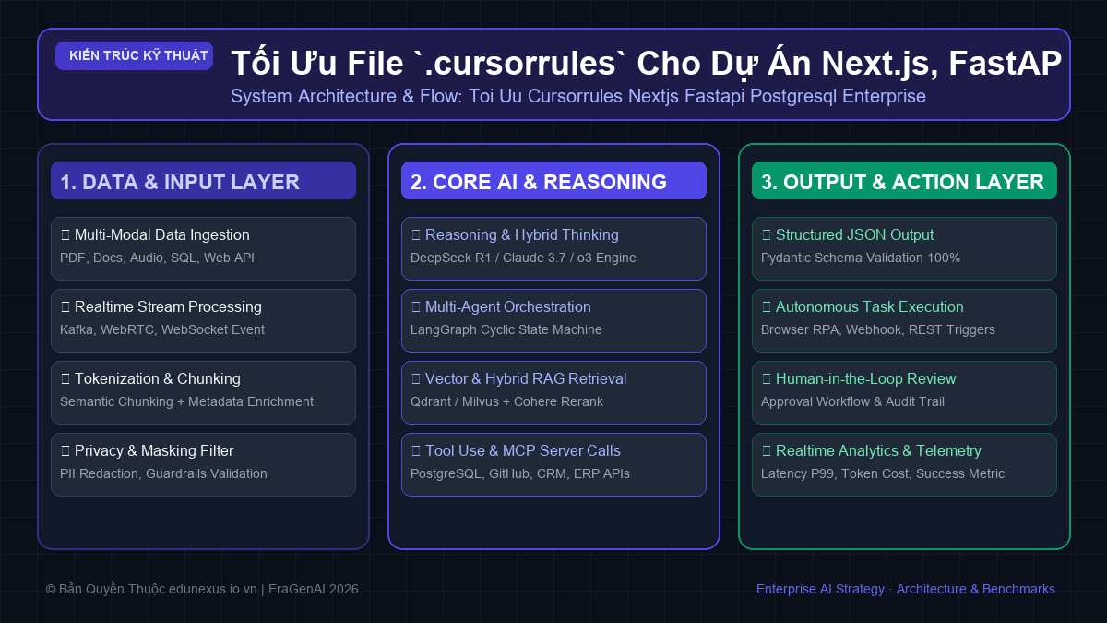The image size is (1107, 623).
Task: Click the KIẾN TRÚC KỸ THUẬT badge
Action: click(x=134, y=56)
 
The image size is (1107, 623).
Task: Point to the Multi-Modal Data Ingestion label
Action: click(x=161, y=234)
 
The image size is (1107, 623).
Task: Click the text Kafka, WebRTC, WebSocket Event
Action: click(x=162, y=329)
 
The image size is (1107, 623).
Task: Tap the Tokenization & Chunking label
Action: click(x=157, y=378)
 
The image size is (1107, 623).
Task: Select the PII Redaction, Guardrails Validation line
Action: click(x=163, y=473)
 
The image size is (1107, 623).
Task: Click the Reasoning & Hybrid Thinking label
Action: click(x=521, y=234)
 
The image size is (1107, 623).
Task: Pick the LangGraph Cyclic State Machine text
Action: click(x=506, y=329)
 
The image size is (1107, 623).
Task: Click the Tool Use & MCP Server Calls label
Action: click(x=522, y=451)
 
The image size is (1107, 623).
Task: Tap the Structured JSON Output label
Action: click(x=854, y=234)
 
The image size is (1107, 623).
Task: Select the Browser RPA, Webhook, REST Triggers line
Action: click(x=877, y=329)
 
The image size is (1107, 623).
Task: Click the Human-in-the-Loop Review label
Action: click(x=865, y=378)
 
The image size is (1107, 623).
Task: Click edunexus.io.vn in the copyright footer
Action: click(x=212, y=589)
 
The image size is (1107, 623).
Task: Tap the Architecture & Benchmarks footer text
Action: click(x=976, y=589)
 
